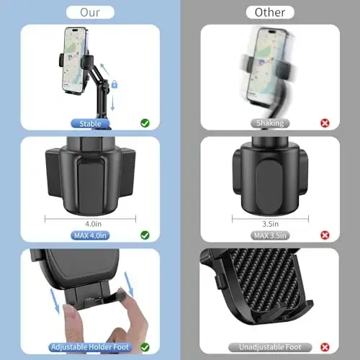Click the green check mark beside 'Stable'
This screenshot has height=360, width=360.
point(145,124)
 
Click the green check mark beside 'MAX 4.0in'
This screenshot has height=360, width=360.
point(145,235)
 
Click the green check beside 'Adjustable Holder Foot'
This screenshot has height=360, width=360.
point(145,348)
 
